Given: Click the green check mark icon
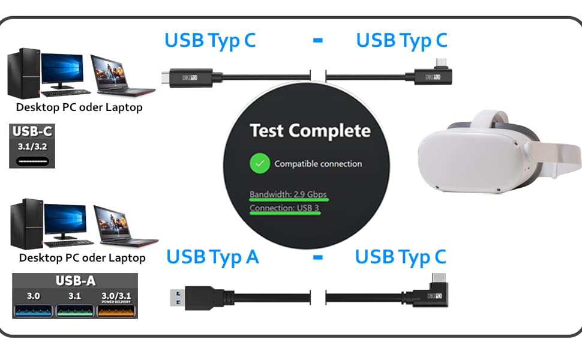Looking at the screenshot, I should [260, 163].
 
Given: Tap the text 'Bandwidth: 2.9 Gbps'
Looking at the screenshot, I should [289, 194].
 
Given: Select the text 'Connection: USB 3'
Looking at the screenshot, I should [284, 208].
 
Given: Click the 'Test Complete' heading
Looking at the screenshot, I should [310, 131].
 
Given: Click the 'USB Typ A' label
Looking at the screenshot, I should [212, 257].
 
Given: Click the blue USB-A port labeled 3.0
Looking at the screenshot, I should [33, 311].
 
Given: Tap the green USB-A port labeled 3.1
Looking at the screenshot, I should [74, 311].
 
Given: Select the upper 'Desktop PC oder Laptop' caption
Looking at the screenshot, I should [79, 108].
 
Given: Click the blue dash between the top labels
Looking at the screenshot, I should [318, 41].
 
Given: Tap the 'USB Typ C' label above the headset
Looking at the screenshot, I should [401, 41].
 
